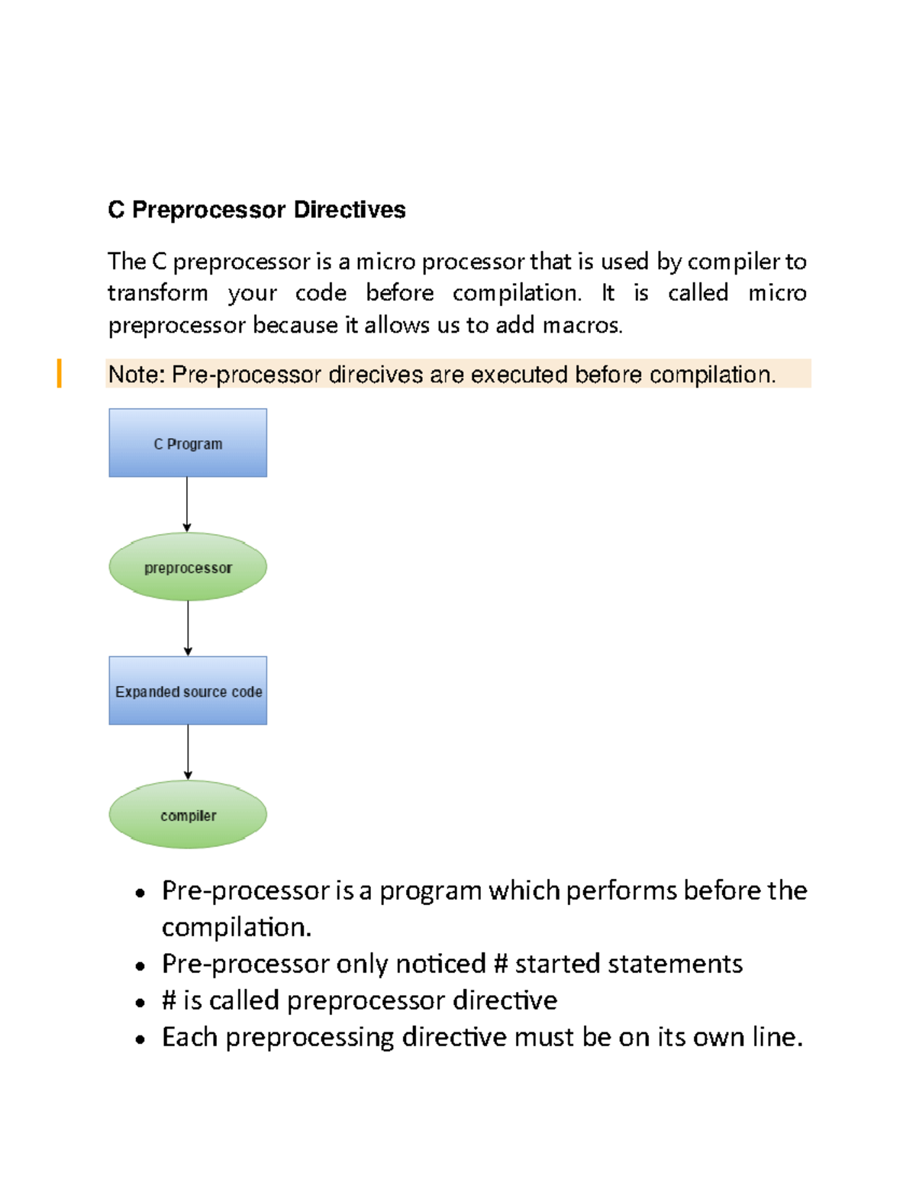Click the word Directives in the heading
[349, 210]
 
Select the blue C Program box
[188, 443]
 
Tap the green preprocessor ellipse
[188, 567]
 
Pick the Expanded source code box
[188, 691]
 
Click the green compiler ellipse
[188, 814]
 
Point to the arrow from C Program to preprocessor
[187, 504]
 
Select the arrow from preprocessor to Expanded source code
[188, 628]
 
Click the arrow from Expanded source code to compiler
[188, 752]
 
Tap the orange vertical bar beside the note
[59, 373]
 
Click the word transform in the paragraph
[158, 293]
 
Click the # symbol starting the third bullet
[169, 1000]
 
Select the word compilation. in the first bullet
[237, 928]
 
